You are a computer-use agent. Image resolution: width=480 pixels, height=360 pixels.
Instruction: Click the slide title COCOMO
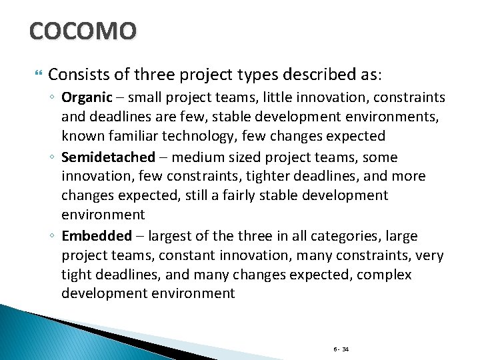coord(83,30)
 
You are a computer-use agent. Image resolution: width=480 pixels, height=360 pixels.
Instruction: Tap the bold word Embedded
coord(97,235)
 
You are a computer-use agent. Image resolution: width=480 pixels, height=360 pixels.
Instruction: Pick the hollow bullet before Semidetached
coord(51,158)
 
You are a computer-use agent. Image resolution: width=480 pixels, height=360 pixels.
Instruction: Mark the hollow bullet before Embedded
coord(51,236)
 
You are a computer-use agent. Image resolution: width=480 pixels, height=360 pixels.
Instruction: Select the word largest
coord(172,235)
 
